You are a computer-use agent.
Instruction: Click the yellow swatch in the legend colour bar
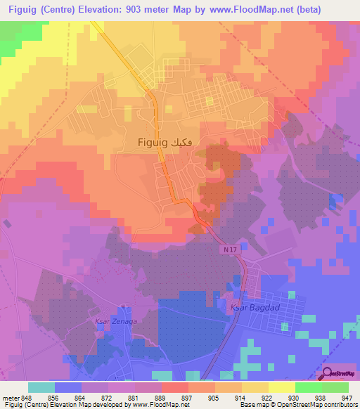click(x=281, y=387)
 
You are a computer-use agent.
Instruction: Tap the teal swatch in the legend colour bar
click(x=41, y=387)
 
